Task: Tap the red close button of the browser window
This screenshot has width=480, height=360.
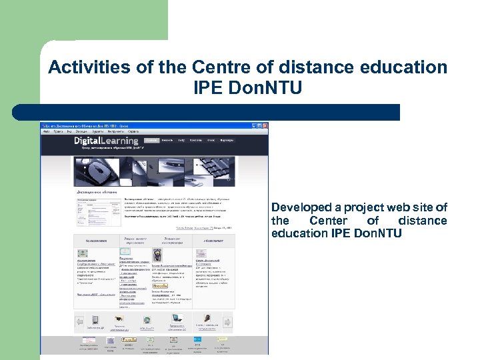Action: [x=265, y=125]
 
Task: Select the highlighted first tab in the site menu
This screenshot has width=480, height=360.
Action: [x=152, y=141]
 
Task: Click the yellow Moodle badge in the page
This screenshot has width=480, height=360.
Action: [x=161, y=285]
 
